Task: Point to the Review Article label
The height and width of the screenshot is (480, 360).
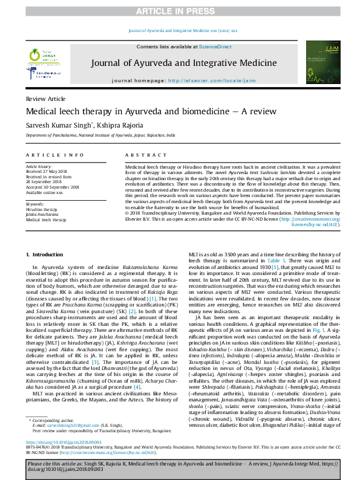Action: click(x=45, y=99)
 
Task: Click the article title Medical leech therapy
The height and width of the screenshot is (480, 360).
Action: click(x=142, y=112)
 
